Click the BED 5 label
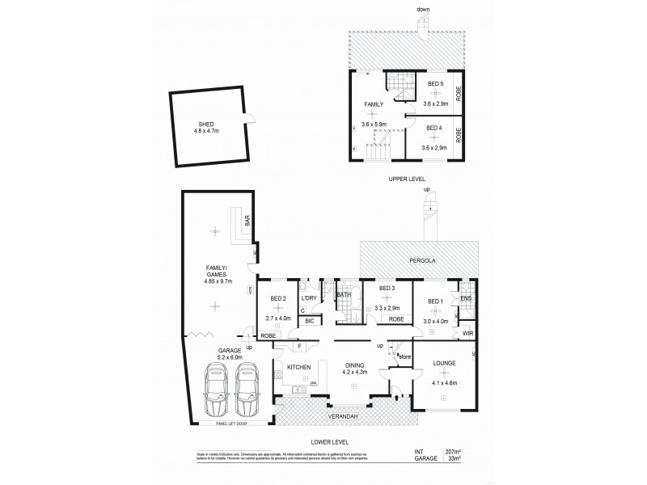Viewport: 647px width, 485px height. pos(436,84)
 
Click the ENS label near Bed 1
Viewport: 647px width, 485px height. pos(466,297)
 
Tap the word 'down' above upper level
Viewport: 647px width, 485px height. pos(423,10)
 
